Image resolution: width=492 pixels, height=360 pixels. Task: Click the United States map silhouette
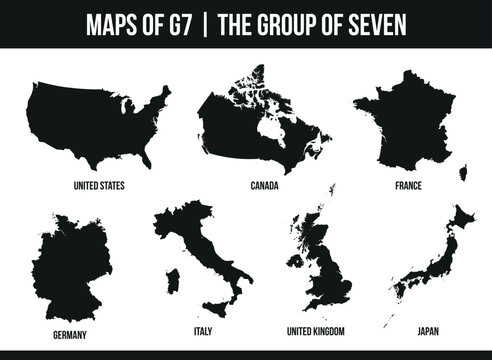(x=95, y=125)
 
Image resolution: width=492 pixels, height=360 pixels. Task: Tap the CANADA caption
(x=264, y=185)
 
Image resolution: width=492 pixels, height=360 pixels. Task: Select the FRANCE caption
(x=409, y=185)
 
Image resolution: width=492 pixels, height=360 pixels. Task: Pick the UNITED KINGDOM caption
(x=316, y=329)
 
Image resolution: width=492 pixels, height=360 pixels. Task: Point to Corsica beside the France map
(x=462, y=172)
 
